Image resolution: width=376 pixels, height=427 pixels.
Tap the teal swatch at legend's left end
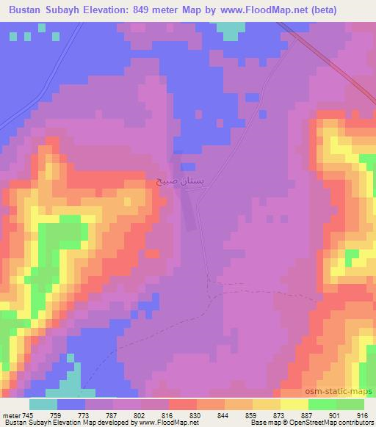[43, 404]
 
